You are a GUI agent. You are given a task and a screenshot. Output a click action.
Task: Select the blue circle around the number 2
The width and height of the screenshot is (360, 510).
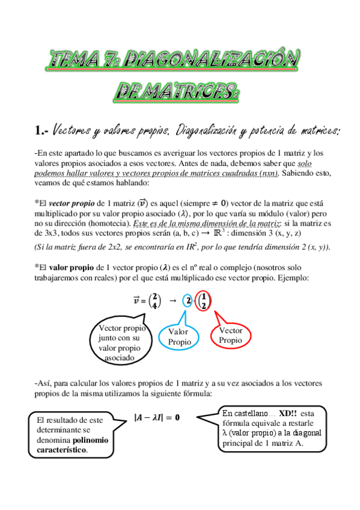click(x=188, y=301)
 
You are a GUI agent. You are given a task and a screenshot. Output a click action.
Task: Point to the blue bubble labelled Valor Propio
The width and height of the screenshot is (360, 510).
click(x=178, y=337)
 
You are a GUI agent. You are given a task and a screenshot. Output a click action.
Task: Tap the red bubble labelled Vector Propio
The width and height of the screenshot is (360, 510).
click(x=231, y=336)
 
